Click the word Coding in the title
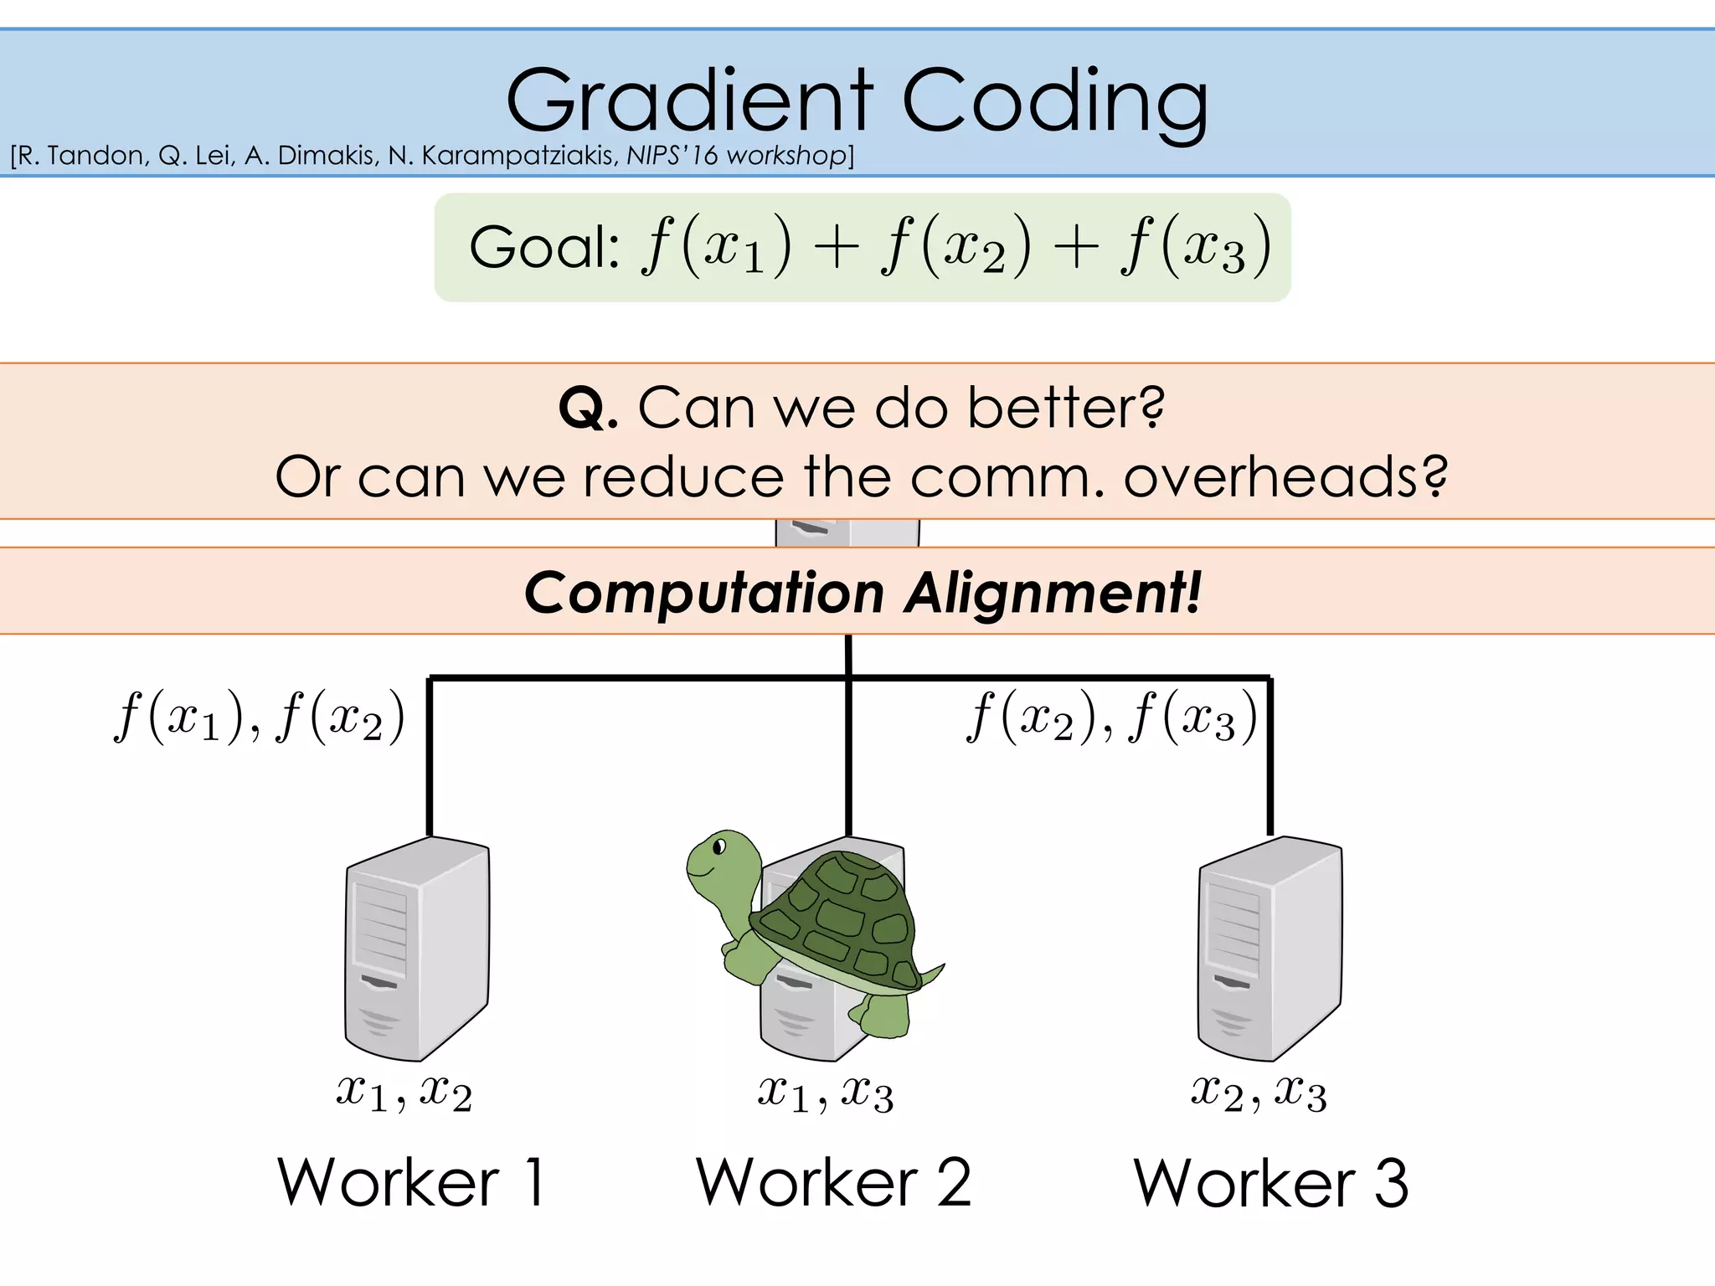click(x=1055, y=102)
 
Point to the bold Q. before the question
click(x=588, y=409)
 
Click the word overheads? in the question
click(x=1285, y=477)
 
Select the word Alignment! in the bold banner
click(x=1053, y=593)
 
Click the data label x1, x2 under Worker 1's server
click(x=404, y=1093)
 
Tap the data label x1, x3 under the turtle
click(x=826, y=1093)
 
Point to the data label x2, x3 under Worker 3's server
click(x=1259, y=1093)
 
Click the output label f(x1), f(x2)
click(x=260, y=717)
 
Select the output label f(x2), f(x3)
click(x=1111, y=717)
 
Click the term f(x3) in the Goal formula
click(x=1196, y=247)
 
